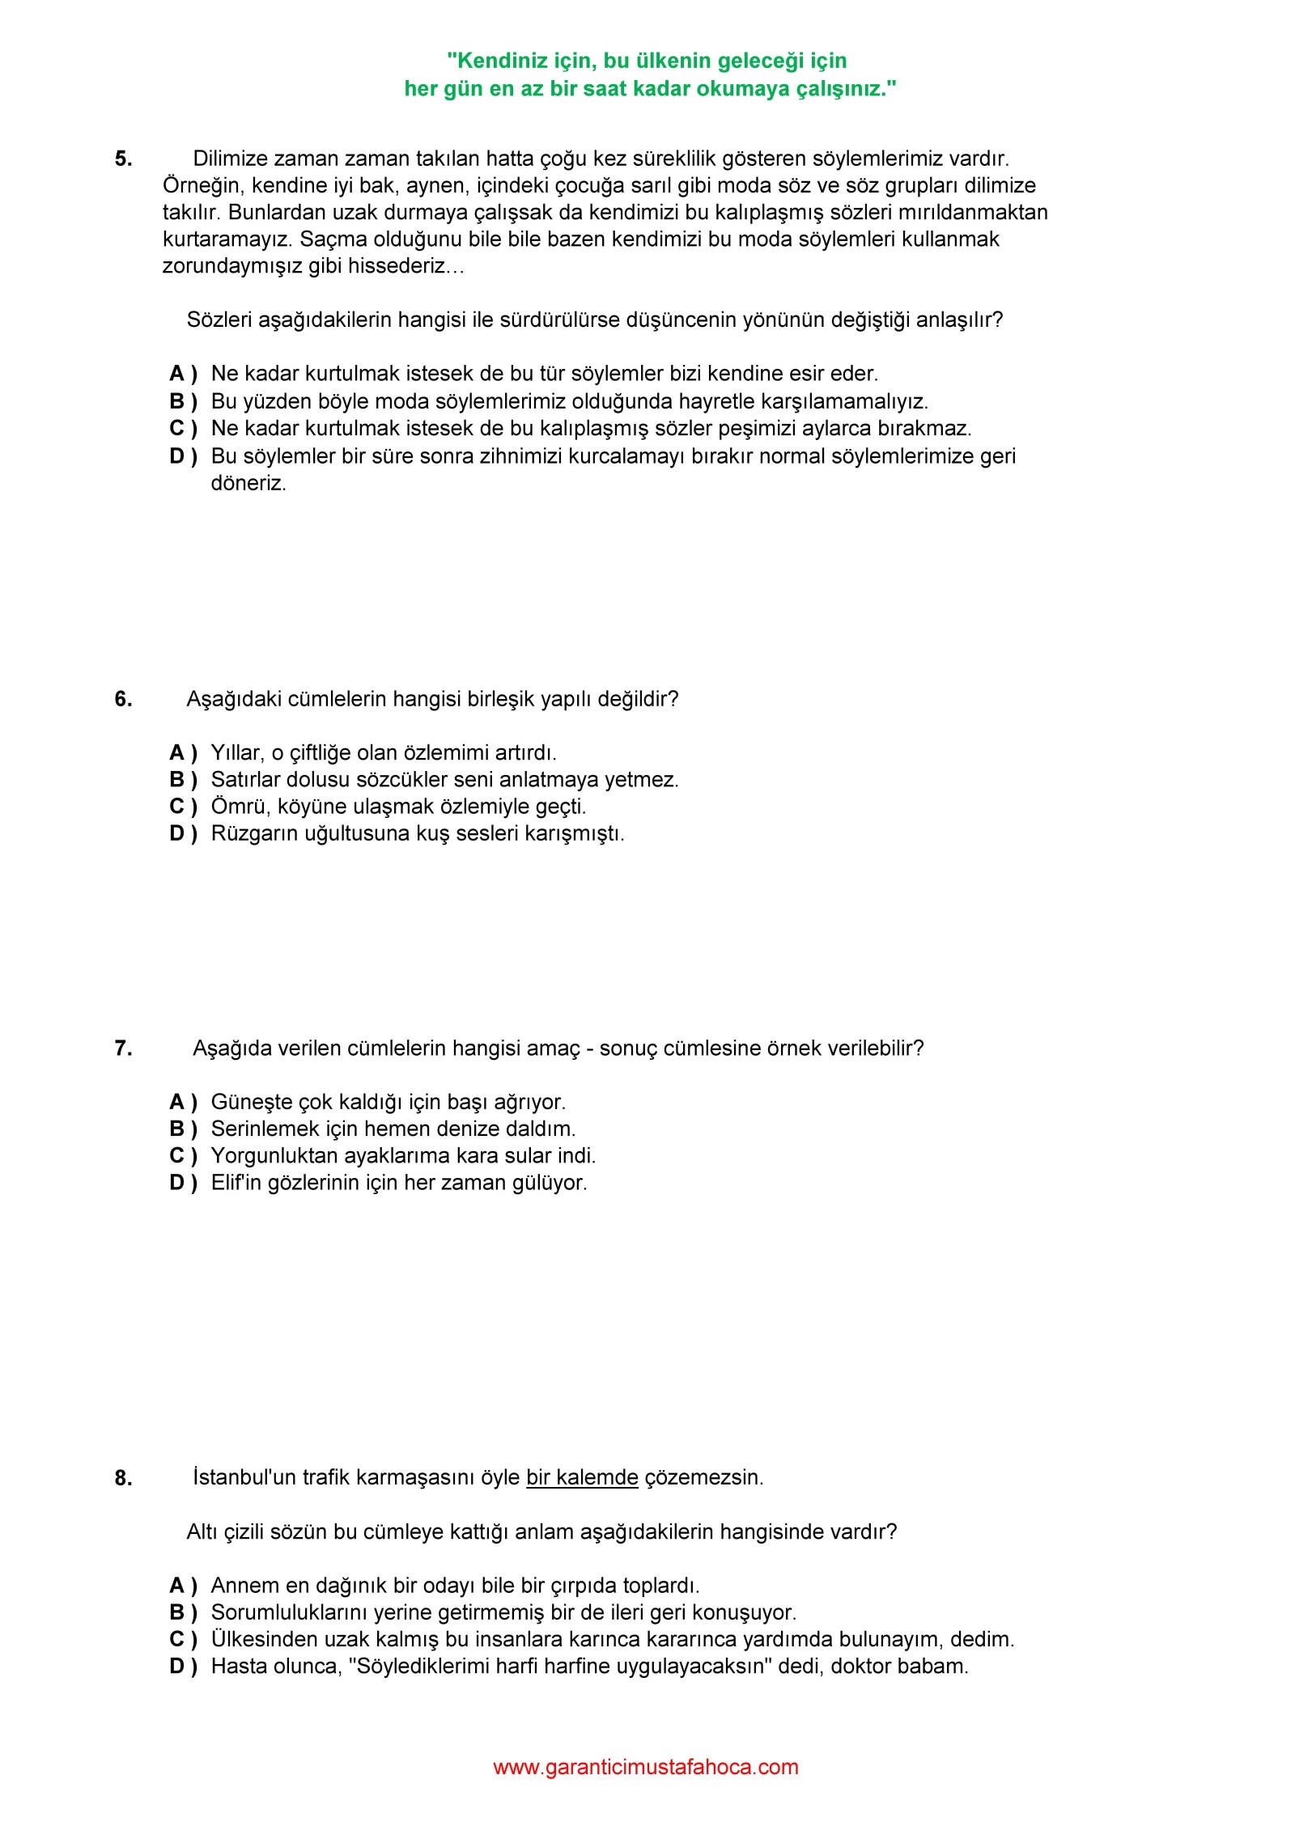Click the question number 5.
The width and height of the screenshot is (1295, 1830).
coord(123,159)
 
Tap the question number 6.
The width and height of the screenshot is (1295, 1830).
coord(123,699)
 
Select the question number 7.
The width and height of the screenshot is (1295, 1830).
coord(123,1048)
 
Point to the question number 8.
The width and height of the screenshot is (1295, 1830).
coord(123,1478)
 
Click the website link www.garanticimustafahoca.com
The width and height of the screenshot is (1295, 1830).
coord(645,1766)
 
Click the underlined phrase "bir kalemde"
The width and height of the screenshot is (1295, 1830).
coord(582,1477)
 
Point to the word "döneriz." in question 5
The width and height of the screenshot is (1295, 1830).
coord(248,484)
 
